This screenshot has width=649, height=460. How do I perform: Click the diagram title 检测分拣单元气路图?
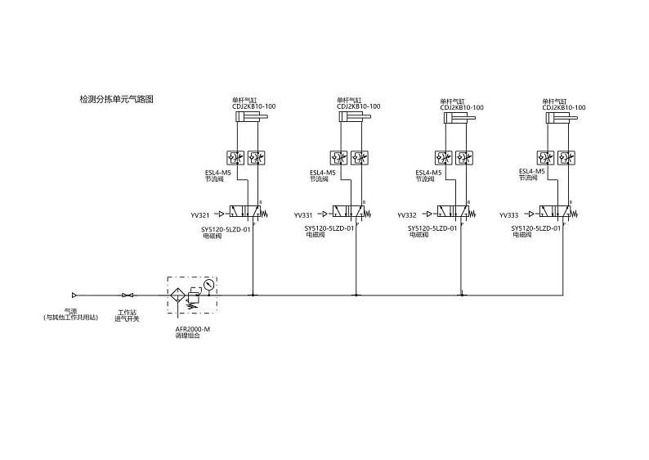point(116,99)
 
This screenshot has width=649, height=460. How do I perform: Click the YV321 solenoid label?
point(200,215)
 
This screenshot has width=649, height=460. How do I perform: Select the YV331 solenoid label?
point(304,215)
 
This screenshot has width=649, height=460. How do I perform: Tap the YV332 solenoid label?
point(407,215)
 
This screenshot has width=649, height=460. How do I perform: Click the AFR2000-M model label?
point(193,329)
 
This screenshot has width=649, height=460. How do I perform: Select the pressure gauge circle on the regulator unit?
point(209,285)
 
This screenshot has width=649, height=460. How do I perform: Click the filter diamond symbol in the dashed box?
point(176,295)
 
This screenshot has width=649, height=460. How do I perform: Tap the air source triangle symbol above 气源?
point(74,295)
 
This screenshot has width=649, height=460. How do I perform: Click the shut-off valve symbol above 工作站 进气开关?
point(127,295)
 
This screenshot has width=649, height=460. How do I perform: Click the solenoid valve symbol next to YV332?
point(452,213)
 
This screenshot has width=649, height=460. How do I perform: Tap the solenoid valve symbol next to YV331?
point(348,213)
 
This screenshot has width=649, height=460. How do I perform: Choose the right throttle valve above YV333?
point(570,156)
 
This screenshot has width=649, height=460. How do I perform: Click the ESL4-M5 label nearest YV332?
point(428,173)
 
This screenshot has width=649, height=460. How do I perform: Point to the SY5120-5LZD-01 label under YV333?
point(536,229)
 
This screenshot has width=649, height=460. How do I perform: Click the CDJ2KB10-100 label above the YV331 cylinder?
point(358,107)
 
